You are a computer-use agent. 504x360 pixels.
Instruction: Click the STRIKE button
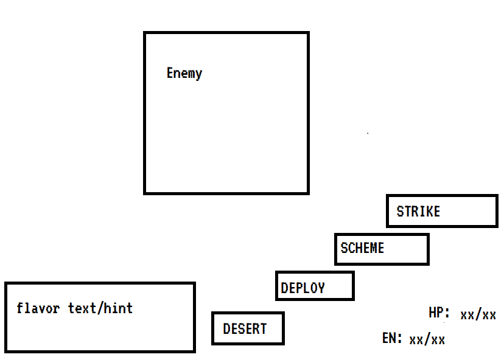pyautogui.click(x=442, y=211)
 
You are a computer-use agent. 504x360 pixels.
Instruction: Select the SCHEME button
pyautogui.click(x=382, y=249)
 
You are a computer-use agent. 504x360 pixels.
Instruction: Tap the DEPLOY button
pyautogui.click(x=315, y=286)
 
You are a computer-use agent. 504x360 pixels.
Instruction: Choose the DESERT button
pyautogui.click(x=248, y=328)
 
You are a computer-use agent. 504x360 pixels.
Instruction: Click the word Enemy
pyautogui.click(x=184, y=74)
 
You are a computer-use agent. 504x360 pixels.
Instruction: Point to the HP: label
pyautogui.click(x=439, y=314)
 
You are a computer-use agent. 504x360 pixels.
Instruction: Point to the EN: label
pyautogui.click(x=392, y=338)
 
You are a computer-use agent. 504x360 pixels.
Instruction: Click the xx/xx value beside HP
pyautogui.click(x=478, y=315)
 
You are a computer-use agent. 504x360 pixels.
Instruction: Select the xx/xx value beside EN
pyautogui.click(x=427, y=339)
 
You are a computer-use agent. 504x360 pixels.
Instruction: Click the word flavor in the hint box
pyautogui.click(x=38, y=308)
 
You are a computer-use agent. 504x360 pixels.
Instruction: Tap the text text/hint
pyautogui.click(x=100, y=308)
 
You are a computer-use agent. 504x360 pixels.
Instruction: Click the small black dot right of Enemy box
pyautogui.click(x=368, y=133)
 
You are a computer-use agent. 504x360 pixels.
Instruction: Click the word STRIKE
pyautogui.click(x=418, y=212)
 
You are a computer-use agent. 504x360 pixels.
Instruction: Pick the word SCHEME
pyautogui.click(x=362, y=248)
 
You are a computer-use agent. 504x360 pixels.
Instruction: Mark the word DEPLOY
pyautogui.click(x=303, y=288)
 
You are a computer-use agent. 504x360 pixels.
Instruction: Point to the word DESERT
pyautogui.click(x=245, y=329)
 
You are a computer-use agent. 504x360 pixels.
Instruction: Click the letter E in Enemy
pyautogui.click(x=170, y=74)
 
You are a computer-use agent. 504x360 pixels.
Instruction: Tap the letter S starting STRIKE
pyautogui.click(x=400, y=212)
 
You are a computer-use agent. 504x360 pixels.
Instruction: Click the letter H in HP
pyautogui.click(x=433, y=314)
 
